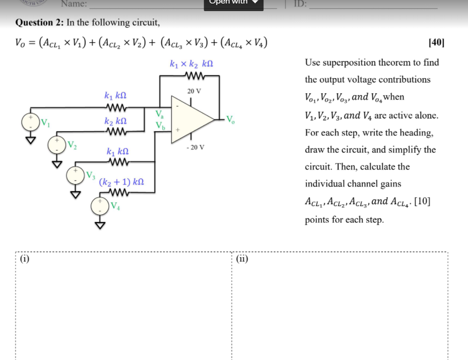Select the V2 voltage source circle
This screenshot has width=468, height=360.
[x=57, y=145]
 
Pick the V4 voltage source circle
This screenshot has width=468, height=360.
[x=100, y=206]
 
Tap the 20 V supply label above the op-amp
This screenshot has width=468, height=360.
[x=194, y=91]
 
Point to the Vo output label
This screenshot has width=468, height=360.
[x=230, y=119]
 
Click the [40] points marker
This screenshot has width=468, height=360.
[x=436, y=43]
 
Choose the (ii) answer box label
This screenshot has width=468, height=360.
[x=242, y=259]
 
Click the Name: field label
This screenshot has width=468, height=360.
[x=74, y=4]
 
